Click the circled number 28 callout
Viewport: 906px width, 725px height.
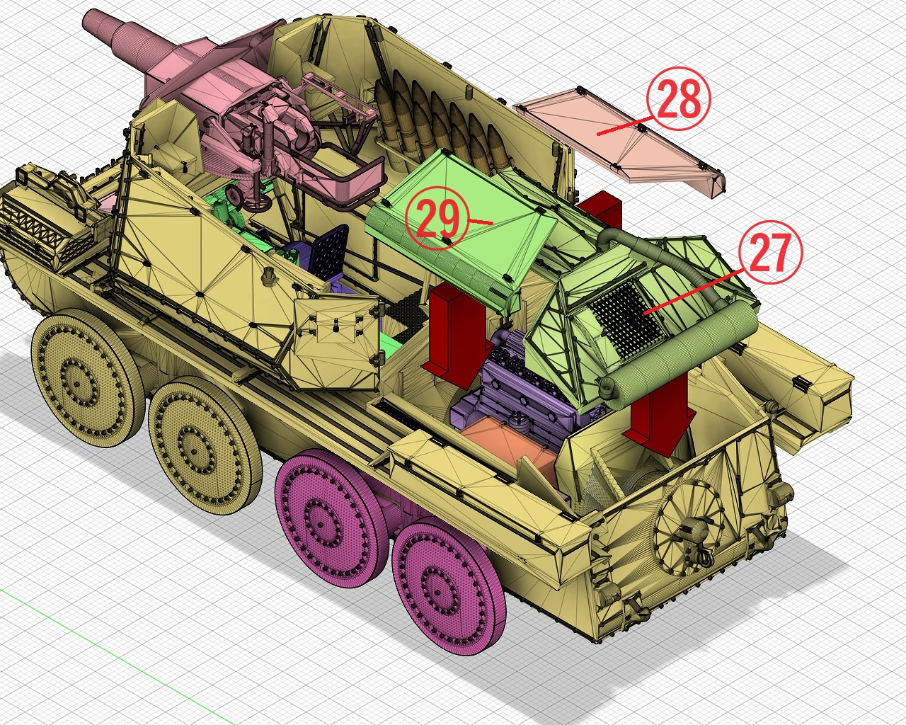click(679, 98)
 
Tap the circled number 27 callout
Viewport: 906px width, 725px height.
click(770, 252)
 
